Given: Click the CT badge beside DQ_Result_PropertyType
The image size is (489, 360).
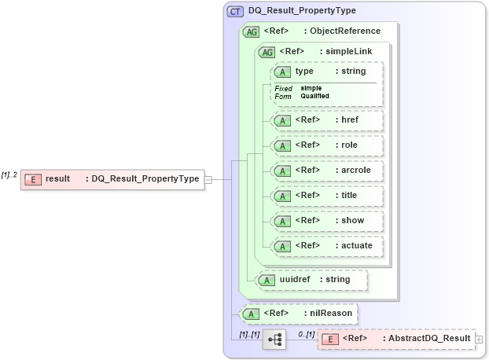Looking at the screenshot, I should (235, 11).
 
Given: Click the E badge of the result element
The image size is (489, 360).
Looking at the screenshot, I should (32, 179).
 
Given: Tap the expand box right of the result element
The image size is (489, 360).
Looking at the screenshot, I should (208, 179).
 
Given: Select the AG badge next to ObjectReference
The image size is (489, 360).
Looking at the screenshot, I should (252, 31).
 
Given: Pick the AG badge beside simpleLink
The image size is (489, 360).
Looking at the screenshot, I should (267, 52).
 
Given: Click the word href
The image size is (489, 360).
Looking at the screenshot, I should (350, 120).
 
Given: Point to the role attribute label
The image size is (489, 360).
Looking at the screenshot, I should (349, 145).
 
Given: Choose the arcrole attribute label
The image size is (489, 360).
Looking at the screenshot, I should (356, 170).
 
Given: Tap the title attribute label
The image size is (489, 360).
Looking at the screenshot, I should (350, 195).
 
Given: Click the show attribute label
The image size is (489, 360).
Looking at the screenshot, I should (353, 220).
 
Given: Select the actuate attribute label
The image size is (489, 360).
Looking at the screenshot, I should (357, 245).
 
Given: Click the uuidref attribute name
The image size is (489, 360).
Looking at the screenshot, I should (295, 279).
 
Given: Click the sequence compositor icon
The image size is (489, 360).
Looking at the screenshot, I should (274, 340).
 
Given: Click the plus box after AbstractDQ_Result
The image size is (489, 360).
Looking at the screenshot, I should (479, 339).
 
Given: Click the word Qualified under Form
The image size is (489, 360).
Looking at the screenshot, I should (314, 96).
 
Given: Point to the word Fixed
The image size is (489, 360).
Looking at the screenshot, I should (283, 89).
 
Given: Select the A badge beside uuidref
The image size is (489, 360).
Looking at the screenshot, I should (267, 279).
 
